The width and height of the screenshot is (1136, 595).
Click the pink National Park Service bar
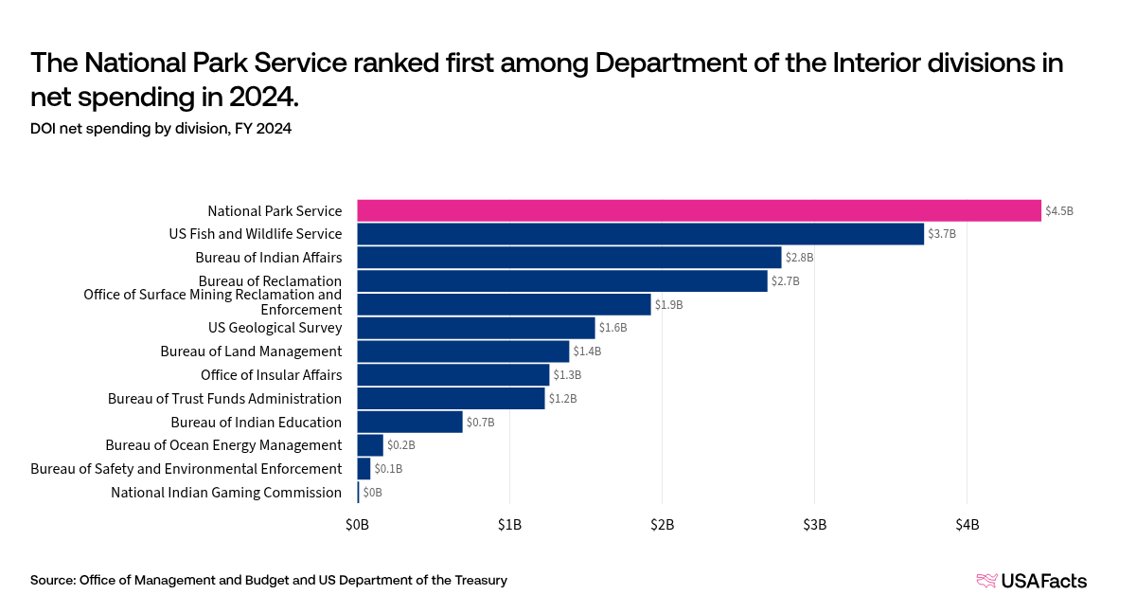click(699, 210)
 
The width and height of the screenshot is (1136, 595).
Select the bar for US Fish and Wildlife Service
click(640, 234)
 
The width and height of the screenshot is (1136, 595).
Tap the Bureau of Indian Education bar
click(410, 422)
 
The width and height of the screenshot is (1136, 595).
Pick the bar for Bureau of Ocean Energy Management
click(370, 445)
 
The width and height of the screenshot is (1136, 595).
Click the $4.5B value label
click(1059, 211)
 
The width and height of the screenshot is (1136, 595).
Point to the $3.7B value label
click(942, 234)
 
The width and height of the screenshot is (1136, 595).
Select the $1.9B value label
click(668, 305)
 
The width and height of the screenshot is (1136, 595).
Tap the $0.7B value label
click(481, 423)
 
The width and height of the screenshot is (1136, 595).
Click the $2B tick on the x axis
click(662, 524)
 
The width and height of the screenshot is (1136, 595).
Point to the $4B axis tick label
click(967, 524)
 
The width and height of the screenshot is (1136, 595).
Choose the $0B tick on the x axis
click(357, 524)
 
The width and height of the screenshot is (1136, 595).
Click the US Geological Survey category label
click(275, 328)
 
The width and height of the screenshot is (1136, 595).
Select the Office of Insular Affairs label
click(271, 375)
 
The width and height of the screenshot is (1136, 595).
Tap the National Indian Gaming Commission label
click(226, 493)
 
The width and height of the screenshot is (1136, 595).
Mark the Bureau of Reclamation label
click(270, 281)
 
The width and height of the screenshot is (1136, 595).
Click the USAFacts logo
click(1032, 581)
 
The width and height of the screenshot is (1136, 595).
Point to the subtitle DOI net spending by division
click(161, 129)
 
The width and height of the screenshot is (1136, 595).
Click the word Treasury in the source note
click(478, 580)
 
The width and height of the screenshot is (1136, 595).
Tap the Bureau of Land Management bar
click(463, 352)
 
